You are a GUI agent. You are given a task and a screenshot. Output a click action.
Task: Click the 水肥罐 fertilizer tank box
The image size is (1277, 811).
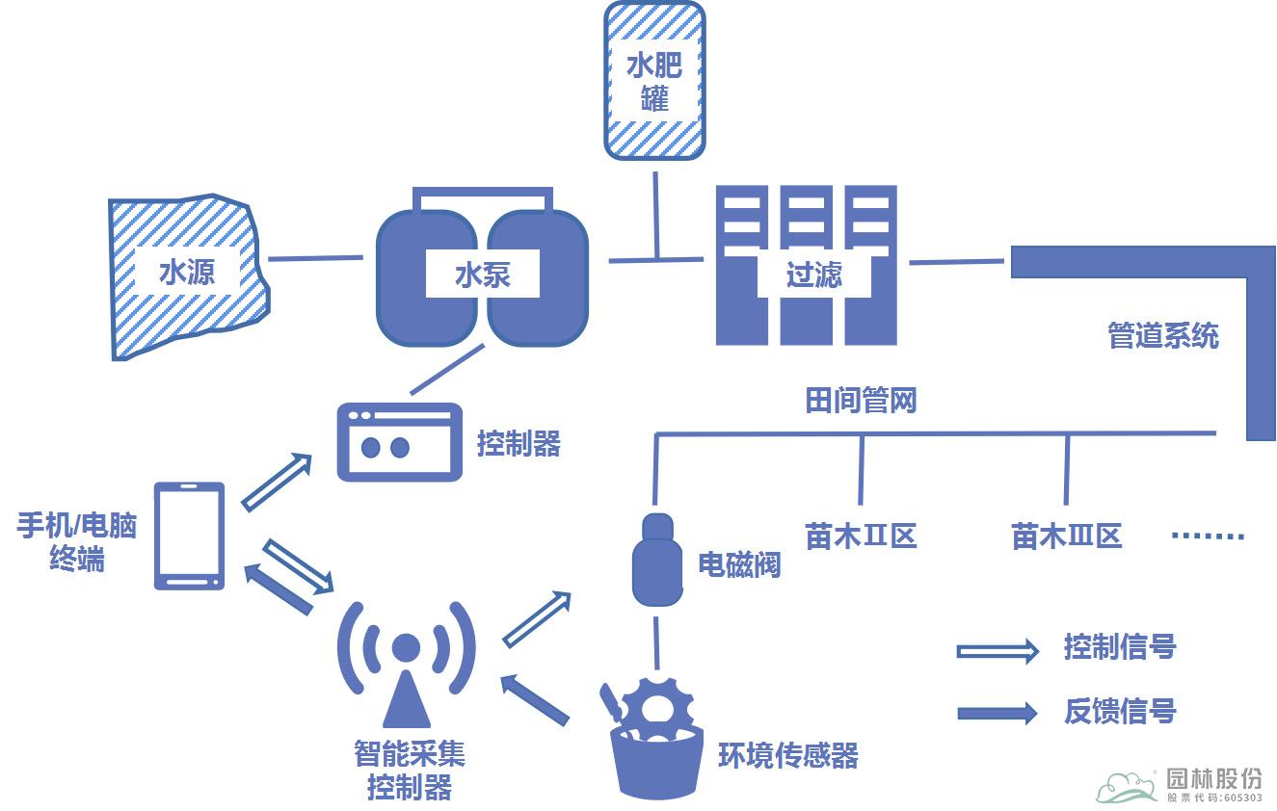pyautogui.click(x=654, y=80)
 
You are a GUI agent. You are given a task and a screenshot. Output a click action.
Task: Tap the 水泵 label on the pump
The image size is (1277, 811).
pyautogui.click(x=482, y=275)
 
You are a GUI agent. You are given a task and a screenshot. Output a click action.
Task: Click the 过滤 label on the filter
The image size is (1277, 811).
pyautogui.click(x=813, y=275)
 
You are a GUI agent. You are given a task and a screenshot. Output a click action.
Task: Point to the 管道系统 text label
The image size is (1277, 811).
pyautogui.click(x=1162, y=335)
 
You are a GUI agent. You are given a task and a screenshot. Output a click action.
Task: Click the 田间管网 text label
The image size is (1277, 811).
pyautogui.click(x=860, y=400)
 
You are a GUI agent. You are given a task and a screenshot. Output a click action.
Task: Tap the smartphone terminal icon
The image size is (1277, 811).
pyautogui.click(x=190, y=536)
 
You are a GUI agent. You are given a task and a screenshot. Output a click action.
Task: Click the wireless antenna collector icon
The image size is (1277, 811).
pyautogui.click(x=406, y=665)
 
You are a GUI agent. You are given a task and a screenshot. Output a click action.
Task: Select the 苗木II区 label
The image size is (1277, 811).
pyautogui.click(x=860, y=536)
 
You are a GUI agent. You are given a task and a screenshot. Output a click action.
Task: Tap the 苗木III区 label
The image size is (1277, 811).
pyautogui.click(x=1066, y=536)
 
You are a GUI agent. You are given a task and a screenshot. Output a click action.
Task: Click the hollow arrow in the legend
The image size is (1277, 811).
pyautogui.click(x=997, y=651)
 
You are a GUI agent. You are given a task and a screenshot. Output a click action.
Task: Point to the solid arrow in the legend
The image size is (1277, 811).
pyautogui.click(x=997, y=713)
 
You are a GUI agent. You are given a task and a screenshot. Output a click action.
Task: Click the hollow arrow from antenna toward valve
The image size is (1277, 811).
pyautogui.click(x=537, y=619)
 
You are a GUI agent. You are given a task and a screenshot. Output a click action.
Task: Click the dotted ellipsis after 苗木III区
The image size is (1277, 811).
pyautogui.click(x=1209, y=536)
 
